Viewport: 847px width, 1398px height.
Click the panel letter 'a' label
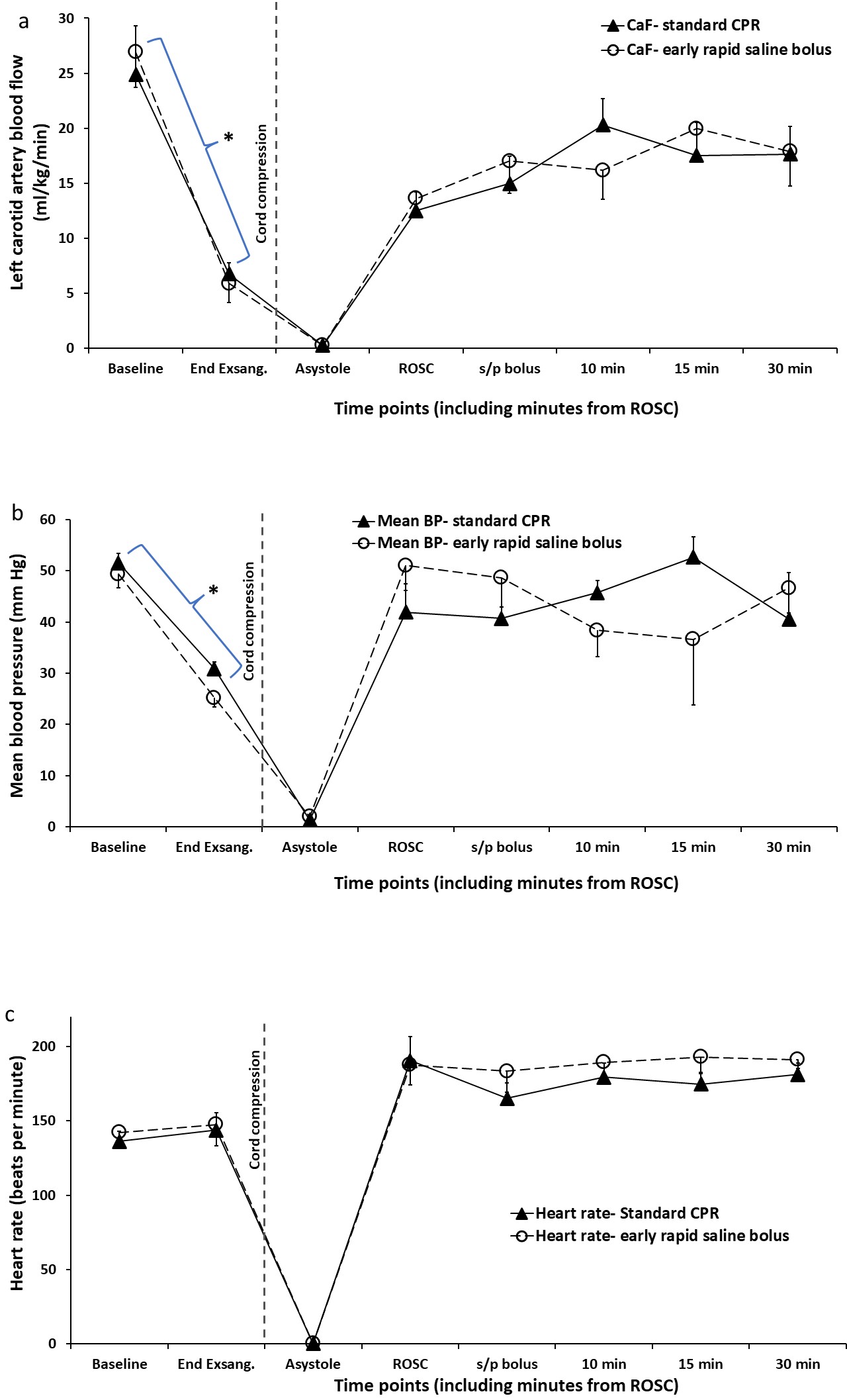24,21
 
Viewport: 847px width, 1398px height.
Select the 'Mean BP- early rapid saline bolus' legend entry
486,543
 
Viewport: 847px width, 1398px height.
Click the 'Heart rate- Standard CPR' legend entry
615,1213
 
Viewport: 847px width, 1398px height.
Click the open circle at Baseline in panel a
135,52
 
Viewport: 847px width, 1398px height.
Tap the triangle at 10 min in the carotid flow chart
603,124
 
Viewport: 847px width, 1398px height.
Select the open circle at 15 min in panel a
695,128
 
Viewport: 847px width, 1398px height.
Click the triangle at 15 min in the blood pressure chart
693,557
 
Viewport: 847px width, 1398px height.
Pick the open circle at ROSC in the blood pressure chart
405,565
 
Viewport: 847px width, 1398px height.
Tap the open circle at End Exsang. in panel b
213,697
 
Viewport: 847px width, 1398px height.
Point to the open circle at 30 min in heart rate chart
797,1059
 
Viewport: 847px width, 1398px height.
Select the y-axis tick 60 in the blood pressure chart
47,520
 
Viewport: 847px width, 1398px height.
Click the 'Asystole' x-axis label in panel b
310,847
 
